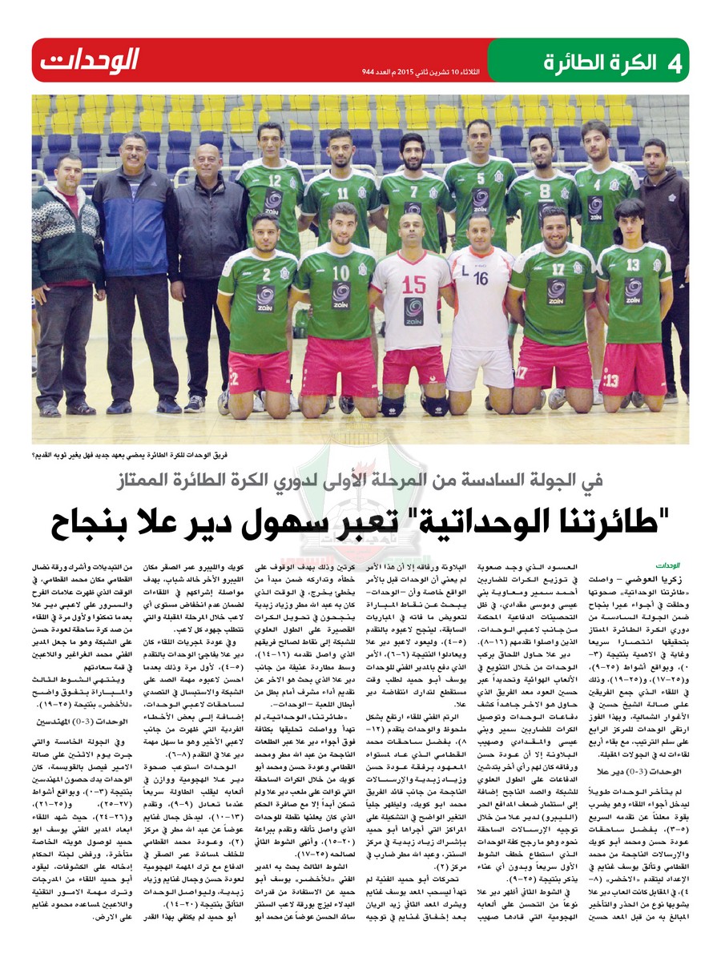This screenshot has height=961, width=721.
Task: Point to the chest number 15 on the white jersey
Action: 413,284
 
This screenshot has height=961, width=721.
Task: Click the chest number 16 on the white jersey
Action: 480,279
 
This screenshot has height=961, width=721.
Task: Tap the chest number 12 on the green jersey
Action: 275,180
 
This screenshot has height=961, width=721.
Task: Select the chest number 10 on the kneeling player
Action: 340,271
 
